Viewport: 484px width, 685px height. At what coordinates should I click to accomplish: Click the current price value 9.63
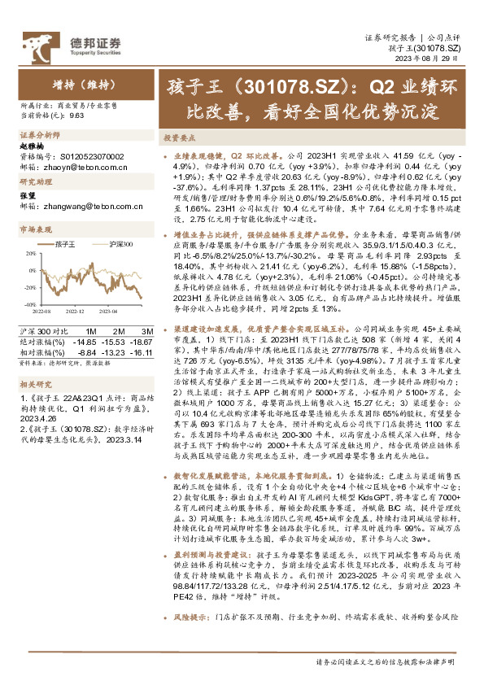pos(77,116)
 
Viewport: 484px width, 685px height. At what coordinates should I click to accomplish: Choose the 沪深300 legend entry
pos(111,243)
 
